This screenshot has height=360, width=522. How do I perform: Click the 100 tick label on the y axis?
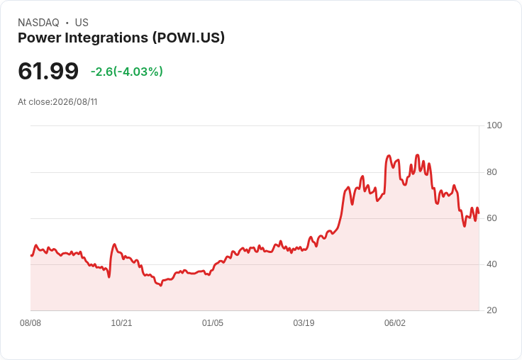pos(494,125)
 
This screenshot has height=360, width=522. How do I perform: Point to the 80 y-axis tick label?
pos(492,172)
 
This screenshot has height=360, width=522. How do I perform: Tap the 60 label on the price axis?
pos(492,218)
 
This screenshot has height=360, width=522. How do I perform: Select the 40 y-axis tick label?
pos(492,264)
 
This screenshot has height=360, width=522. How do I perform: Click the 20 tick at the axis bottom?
pos(492,310)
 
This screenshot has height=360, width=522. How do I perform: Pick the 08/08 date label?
pos(30,323)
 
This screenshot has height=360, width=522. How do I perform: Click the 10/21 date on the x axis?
pos(121,323)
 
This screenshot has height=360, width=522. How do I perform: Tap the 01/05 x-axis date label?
pos(212,323)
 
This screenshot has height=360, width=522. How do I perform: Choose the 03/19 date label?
pos(304,323)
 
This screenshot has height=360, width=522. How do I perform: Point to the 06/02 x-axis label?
pos(395,323)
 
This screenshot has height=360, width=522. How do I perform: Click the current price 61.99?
pos(48,71)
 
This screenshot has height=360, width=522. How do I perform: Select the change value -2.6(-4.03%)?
pos(127,72)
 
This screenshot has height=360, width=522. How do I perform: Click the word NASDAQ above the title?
pos(38,23)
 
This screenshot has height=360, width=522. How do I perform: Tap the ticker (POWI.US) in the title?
pos(189,38)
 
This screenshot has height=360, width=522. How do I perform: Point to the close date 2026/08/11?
pos(75,102)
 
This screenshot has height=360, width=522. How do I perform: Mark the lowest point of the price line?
pos(161,286)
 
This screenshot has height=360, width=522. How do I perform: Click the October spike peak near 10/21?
pos(114,244)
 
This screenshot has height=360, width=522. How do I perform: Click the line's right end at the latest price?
pos(479,213)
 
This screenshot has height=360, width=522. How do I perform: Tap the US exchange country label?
pos(82,23)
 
